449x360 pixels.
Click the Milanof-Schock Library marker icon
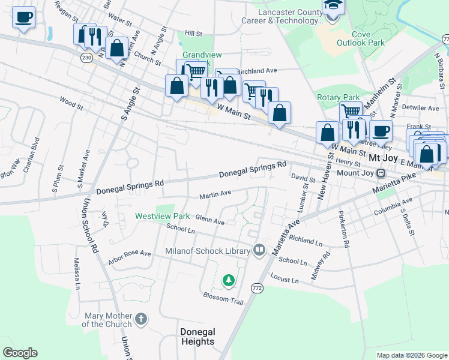259,248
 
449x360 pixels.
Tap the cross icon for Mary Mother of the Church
141,318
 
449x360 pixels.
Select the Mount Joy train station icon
381,173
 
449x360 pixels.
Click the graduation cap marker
331,6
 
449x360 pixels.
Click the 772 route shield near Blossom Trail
256,287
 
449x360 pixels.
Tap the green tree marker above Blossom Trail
228,280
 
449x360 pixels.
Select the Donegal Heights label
197,337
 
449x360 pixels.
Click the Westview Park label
162,216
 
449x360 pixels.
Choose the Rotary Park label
338,97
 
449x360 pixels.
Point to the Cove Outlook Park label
368,39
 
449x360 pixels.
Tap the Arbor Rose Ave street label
129,257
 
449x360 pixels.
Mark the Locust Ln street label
285,279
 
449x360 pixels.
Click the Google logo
20,353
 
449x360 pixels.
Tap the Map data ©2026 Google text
411,355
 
